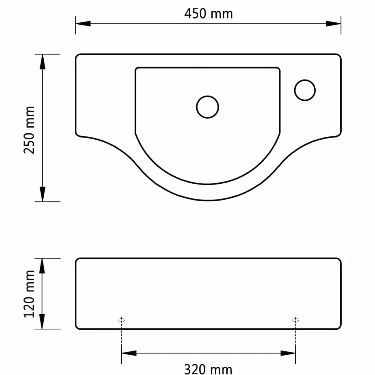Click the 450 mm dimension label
(208, 13)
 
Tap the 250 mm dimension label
(30, 130)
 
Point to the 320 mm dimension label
(208, 369)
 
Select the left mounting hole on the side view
(121, 320)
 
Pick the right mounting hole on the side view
(295, 320)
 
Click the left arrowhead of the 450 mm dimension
(83, 24)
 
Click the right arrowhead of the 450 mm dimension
(334, 24)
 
